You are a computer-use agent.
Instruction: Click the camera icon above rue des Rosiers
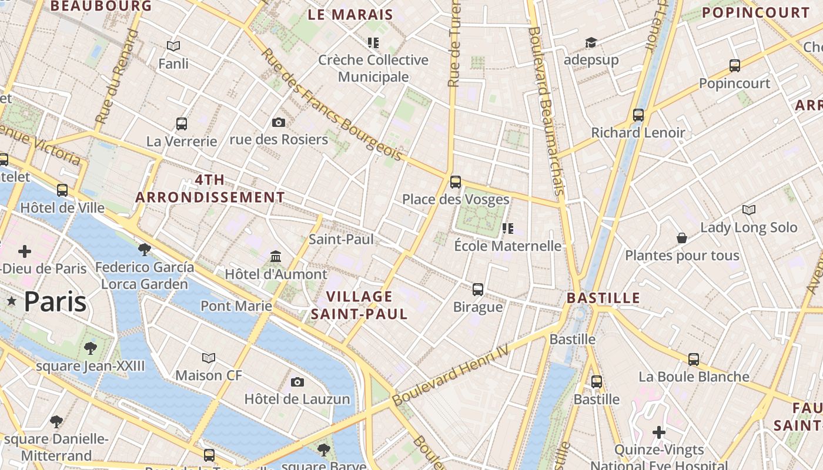[x=279, y=122]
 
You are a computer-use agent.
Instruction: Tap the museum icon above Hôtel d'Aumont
[x=276, y=256]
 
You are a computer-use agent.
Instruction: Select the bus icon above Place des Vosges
[x=456, y=182]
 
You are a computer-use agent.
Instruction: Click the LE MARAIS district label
[x=350, y=15]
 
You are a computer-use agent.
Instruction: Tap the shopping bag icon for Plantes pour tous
[x=682, y=238]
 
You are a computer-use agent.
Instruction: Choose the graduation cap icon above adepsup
[x=591, y=42]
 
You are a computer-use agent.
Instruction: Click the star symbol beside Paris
[x=12, y=301]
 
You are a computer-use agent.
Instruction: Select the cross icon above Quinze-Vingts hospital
[x=659, y=432]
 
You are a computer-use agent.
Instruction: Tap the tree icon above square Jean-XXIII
[x=90, y=348]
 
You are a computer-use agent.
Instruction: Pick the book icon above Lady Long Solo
[x=748, y=210]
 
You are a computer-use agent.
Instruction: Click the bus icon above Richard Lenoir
[x=638, y=115]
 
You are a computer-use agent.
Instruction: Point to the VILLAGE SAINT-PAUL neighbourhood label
[x=359, y=305]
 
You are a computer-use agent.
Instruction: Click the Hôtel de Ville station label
[x=62, y=208]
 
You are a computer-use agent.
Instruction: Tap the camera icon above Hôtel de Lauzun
[x=297, y=382]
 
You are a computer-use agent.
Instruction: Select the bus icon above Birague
[x=478, y=289]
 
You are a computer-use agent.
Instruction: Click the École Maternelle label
[x=508, y=246]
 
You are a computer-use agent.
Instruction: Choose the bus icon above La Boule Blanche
[x=694, y=359]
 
